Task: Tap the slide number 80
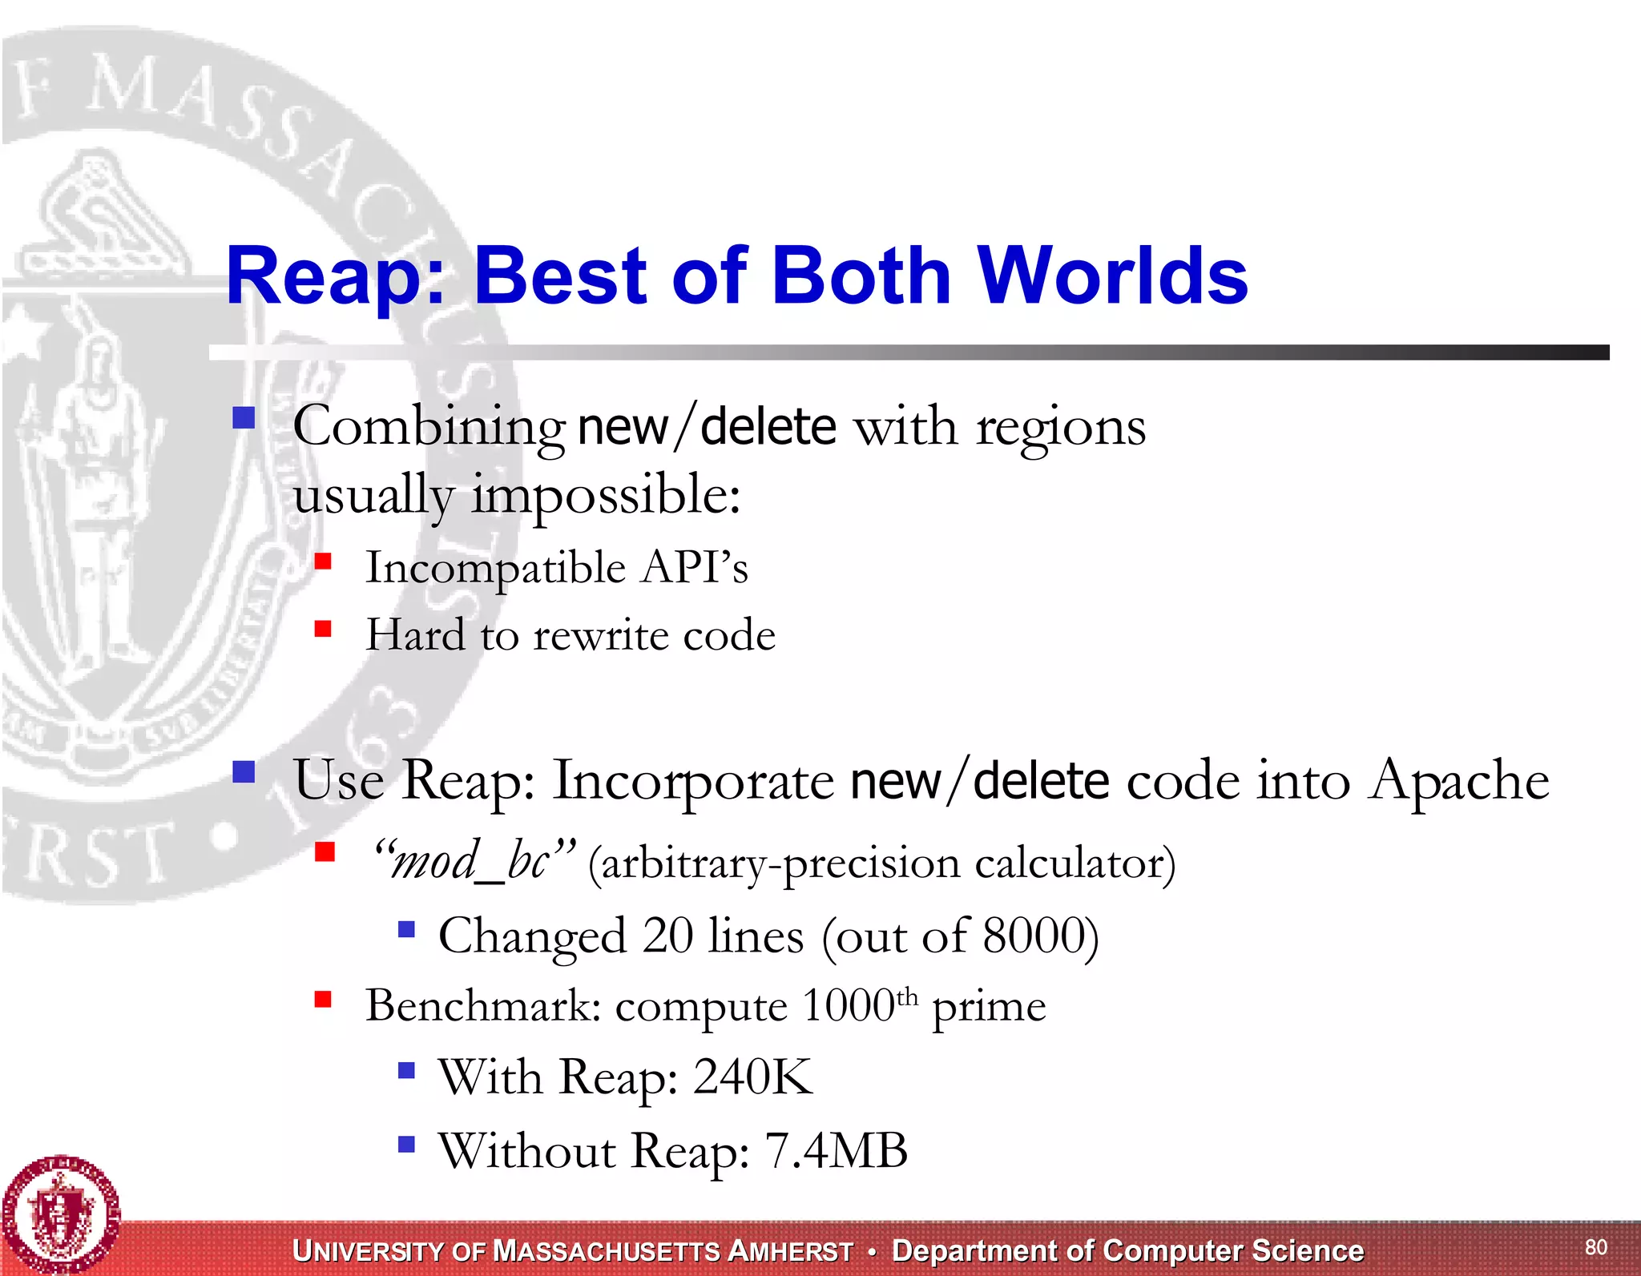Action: click(1595, 1246)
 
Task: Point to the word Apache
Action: click(1458, 780)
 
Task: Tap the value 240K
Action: click(752, 1077)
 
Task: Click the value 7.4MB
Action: click(836, 1151)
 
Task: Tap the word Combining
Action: click(429, 427)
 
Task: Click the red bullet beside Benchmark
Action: click(323, 999)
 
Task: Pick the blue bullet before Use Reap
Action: click(244, 772)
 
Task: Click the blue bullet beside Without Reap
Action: click(406, 1144)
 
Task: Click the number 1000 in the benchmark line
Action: click(848, 1006)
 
